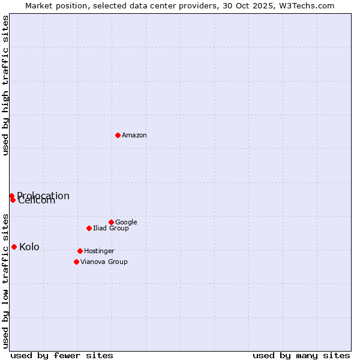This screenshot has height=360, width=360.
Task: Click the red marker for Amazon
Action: tap(118, 135)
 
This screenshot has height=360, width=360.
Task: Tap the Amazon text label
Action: tap(134, 136)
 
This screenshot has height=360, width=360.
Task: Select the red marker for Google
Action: tap(111, 222)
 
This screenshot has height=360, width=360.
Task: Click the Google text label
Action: tap(126, 223)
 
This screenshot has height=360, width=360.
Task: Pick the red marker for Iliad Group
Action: tap(89, 228)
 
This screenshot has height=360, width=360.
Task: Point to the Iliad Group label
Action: tap(111, 229)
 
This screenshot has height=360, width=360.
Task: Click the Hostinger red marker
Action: tap(80, 251)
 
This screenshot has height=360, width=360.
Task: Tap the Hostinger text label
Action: tap(99, 251)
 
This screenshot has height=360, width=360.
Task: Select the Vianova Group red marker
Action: tap(76, 262)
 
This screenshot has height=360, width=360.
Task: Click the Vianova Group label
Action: tap(104, 262)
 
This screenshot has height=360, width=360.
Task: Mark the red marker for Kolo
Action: tap(14, 247)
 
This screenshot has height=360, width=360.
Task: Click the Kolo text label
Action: tap(29, 247)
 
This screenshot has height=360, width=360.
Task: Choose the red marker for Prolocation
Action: tap(11, 196)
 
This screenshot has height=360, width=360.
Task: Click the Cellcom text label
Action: tap(37, 201)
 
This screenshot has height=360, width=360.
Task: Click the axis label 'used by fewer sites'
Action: tap(62, 356)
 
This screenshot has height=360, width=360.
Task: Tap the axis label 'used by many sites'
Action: tap(301, 356)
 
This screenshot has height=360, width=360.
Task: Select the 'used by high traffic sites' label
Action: tap(5, 85)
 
